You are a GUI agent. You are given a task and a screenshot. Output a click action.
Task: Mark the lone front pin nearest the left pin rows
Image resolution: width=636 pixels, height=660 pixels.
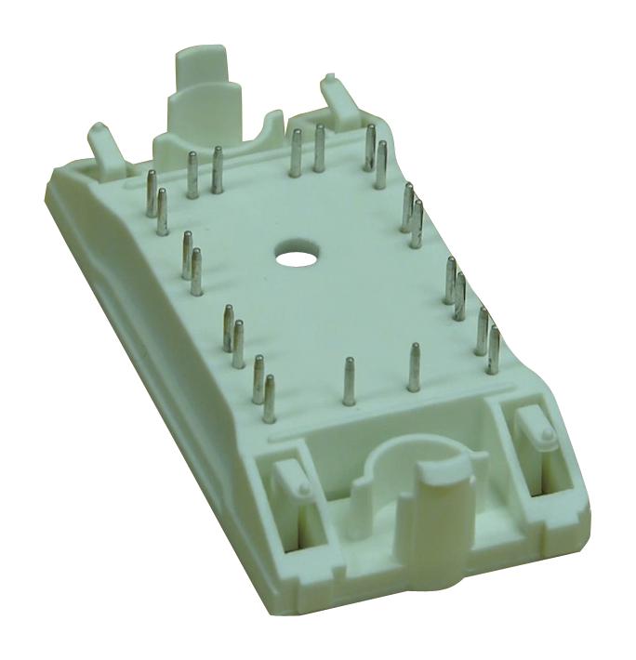coord(349,381)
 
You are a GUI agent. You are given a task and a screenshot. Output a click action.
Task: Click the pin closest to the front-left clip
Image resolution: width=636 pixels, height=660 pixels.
coord(270,398)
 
